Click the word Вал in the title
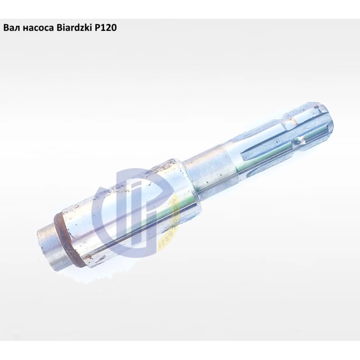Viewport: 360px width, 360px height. (10, 28)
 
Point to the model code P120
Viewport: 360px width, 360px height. (105, 28)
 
